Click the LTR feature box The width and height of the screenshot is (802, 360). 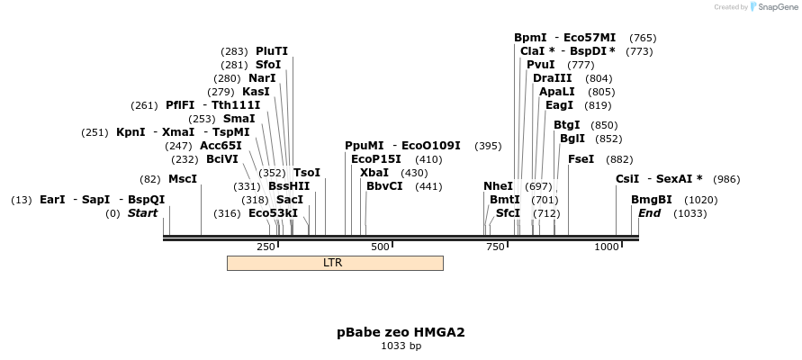(334, 263)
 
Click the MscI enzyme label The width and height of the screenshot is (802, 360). (183, 179)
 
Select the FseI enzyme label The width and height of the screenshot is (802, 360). (581, 159)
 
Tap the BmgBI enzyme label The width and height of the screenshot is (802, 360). (651, 200)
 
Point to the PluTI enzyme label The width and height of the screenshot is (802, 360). (272, 51)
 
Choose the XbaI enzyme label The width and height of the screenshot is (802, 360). (374, 172)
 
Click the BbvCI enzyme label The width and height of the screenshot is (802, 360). (384, 186)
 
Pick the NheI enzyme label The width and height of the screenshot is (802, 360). (498, 186)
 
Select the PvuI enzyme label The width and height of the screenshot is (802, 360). (541, 65)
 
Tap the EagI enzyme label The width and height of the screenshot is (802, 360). (559, 105)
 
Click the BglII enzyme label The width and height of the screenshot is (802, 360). (572, 139)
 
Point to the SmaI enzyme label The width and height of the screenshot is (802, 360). (239, 118)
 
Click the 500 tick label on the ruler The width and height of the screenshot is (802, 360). (380, 247)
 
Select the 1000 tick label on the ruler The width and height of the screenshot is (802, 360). (607, 247)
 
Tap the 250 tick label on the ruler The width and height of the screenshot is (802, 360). (266, 247)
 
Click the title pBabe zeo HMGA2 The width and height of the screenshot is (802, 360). (401, 332)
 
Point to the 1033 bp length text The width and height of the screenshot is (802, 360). (401, 346)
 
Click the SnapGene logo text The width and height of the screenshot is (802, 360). (777, 7)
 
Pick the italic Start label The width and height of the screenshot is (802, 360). (142, 213)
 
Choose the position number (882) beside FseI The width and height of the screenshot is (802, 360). (619, 159)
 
